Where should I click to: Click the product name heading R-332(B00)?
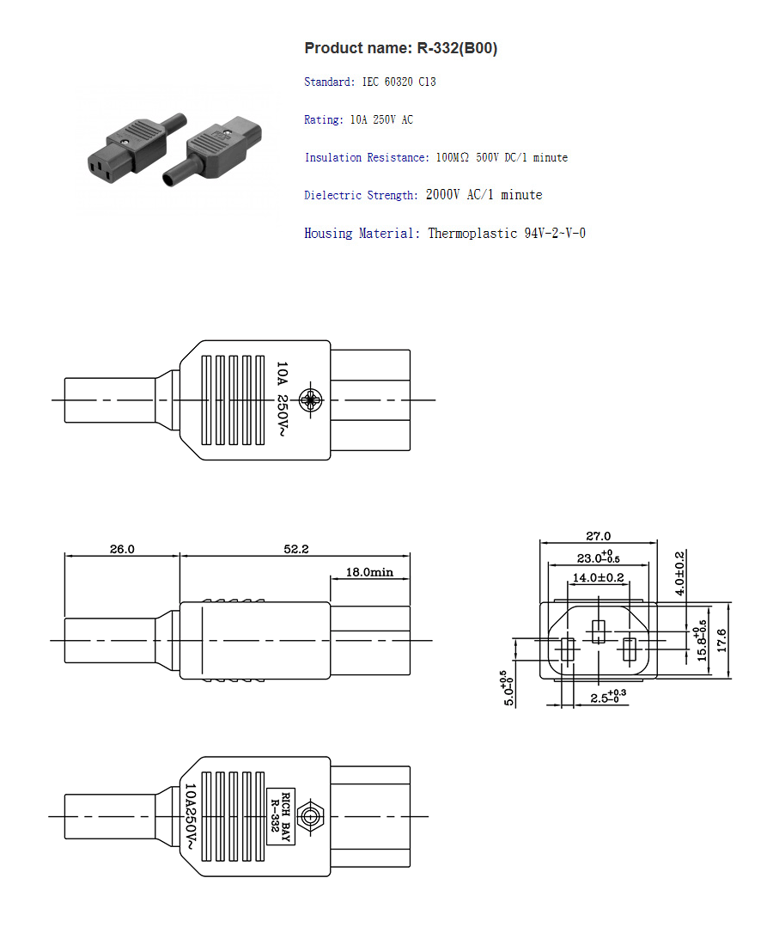400,48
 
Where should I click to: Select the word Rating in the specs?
322,120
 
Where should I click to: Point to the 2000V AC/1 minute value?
484,195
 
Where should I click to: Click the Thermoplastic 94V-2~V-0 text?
507,234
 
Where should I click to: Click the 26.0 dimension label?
122,549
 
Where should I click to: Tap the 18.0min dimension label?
369,571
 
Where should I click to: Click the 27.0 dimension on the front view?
598,536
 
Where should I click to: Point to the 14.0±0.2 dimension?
598,578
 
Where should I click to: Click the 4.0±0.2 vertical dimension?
679,573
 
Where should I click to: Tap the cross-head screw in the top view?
309,399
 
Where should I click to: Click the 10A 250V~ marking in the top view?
282,399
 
